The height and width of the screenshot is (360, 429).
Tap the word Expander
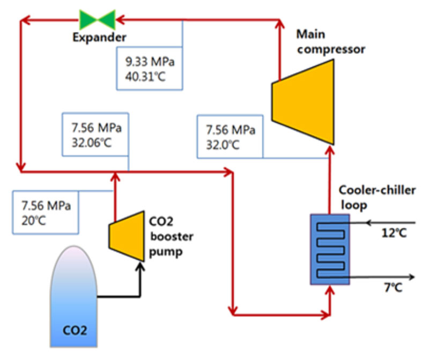[x=100, y=37]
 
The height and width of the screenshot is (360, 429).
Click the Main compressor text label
[x=330, y=42]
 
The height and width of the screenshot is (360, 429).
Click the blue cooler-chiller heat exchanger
[x=330, y=249]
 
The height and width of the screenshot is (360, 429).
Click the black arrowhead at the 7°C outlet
[x=411, y=276]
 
